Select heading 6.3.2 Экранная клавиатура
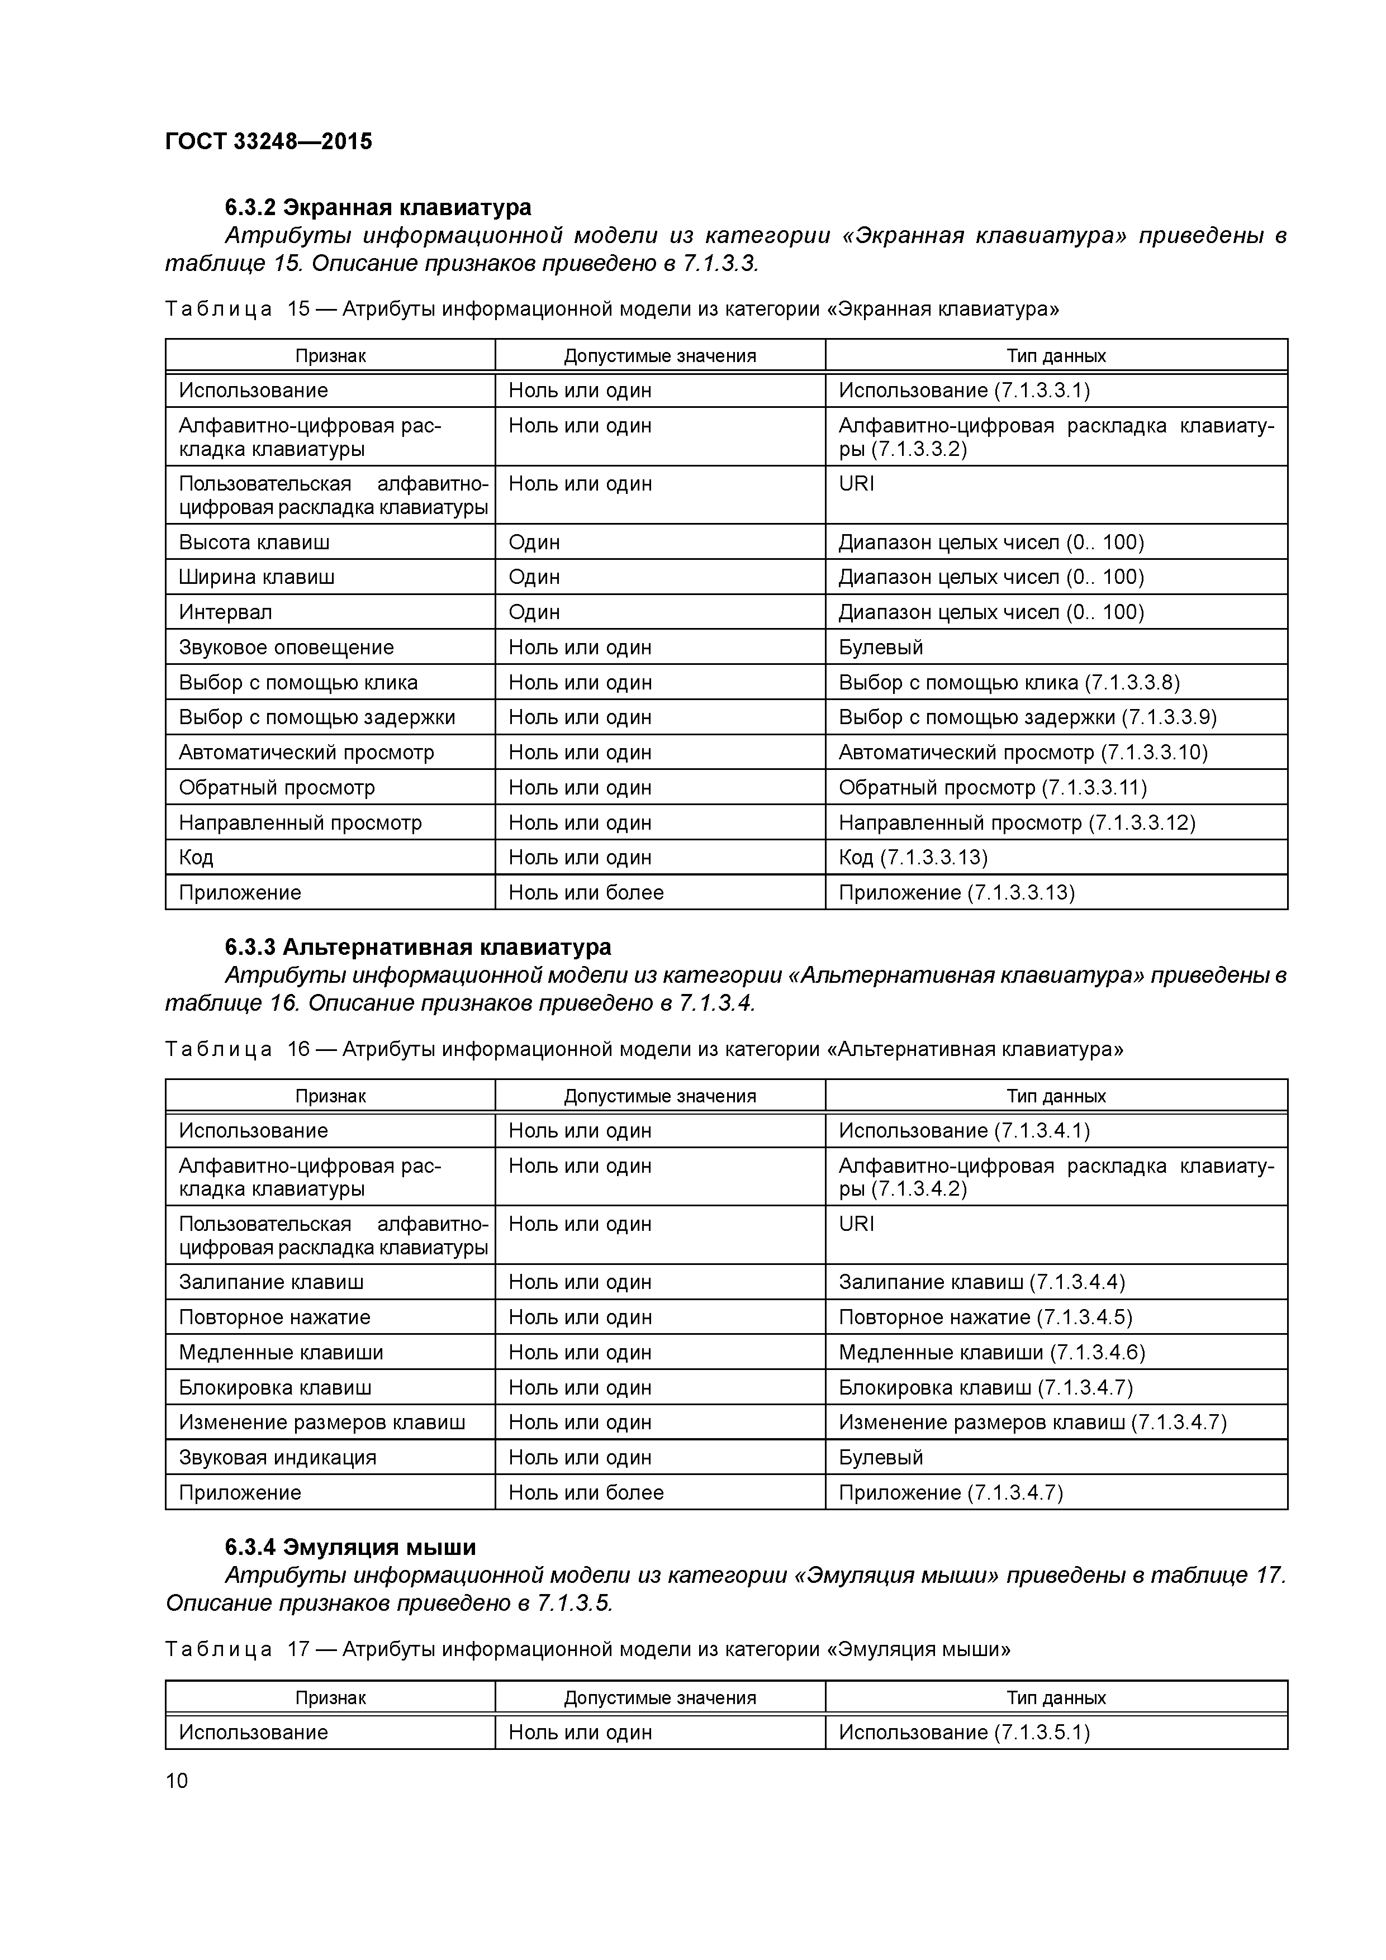click(377, 207)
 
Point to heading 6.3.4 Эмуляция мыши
click(350, 1547)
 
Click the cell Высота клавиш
click(254, 542)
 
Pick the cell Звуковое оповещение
click(286, 647)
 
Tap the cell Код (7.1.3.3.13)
click(912, 857)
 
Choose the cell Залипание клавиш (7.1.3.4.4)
click(981, 1281)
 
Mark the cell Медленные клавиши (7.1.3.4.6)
click(991, 1352)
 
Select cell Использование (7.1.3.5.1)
click(963, 1732)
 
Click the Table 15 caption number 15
click(299, 309)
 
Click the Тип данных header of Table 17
click(1056, 1697)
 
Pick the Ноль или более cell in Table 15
click(586, 892)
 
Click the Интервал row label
click(225, 612)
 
